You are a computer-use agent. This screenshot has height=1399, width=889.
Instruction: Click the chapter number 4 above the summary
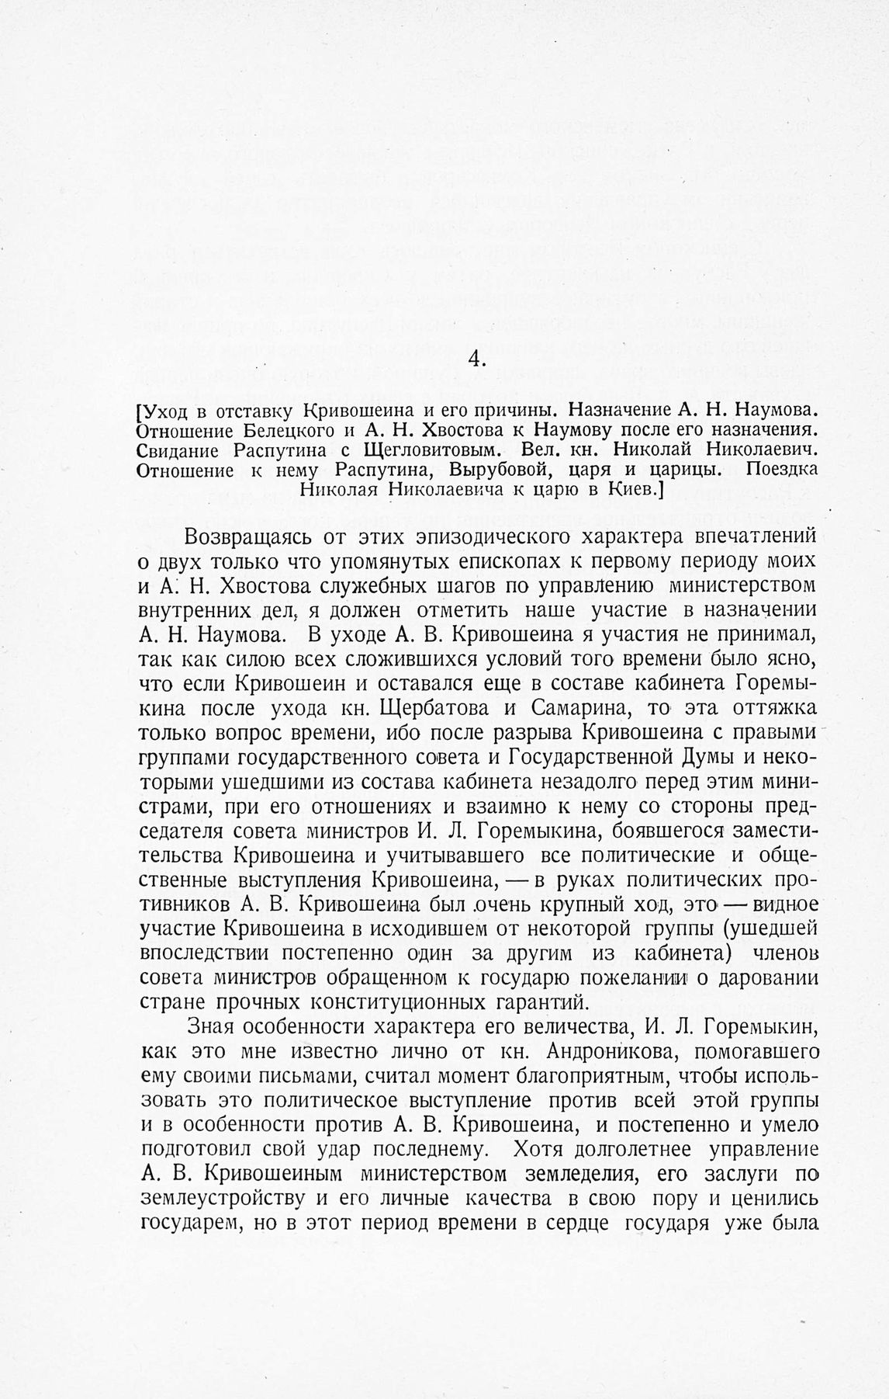coord(477,359)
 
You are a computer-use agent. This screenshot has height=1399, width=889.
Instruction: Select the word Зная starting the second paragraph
coord(211,1028)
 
